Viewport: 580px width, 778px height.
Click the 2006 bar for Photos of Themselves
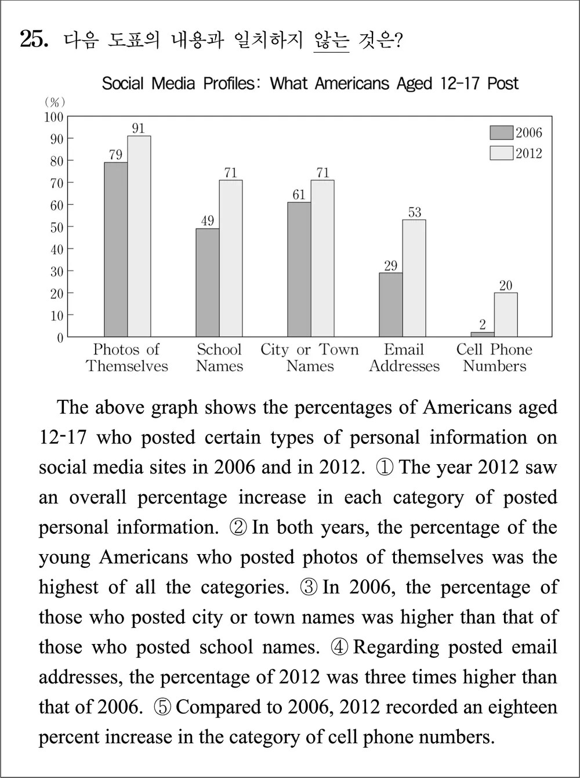(x=115, y=249)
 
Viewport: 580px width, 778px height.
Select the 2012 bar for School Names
(x=230, y=258)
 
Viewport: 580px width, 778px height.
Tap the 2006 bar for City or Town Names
(x=299, y=269)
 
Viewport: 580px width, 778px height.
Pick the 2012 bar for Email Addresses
(x=414, y=278)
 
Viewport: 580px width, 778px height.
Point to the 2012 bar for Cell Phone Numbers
(x=506, y=314)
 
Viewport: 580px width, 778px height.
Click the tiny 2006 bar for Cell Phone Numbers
(x=483, y=334)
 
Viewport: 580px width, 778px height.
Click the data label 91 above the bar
(x=138, y=128)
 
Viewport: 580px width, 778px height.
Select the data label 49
(x=207, y=220)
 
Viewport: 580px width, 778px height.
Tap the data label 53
(x=414, y=212)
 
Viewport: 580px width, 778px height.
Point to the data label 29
(x=391, y=265)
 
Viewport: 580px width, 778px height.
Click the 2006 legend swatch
(x=501, y=133)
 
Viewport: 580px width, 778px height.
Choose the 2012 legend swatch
(x=501, y=153)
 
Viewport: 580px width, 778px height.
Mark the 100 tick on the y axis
(x=54, y=117)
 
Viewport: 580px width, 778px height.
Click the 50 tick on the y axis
(x=56, y=227)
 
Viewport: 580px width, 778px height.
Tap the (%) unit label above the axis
(x=55, y=102)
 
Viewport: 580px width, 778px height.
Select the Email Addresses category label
(x=404, y=358)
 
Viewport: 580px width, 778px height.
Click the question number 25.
(x=33, y=39)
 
